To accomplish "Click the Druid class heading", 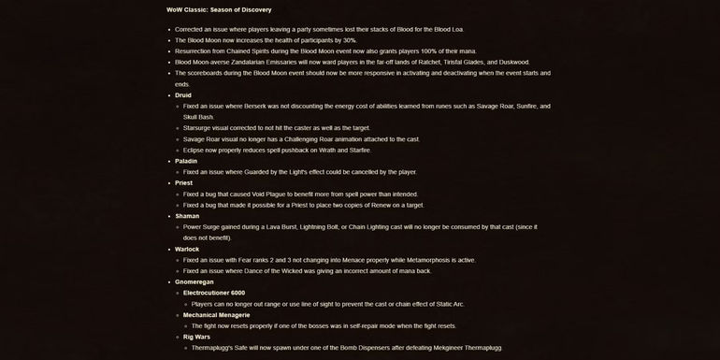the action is (x=184, y=94).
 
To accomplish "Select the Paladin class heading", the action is (x=186, y=161).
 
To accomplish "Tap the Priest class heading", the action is (x=184, y=182).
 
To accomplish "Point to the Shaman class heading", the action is (x=187, y=215).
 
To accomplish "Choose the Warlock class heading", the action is (x=188, y=249).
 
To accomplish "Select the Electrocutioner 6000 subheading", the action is (x=221, y=293).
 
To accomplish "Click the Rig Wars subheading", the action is (x=197, y=337).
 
